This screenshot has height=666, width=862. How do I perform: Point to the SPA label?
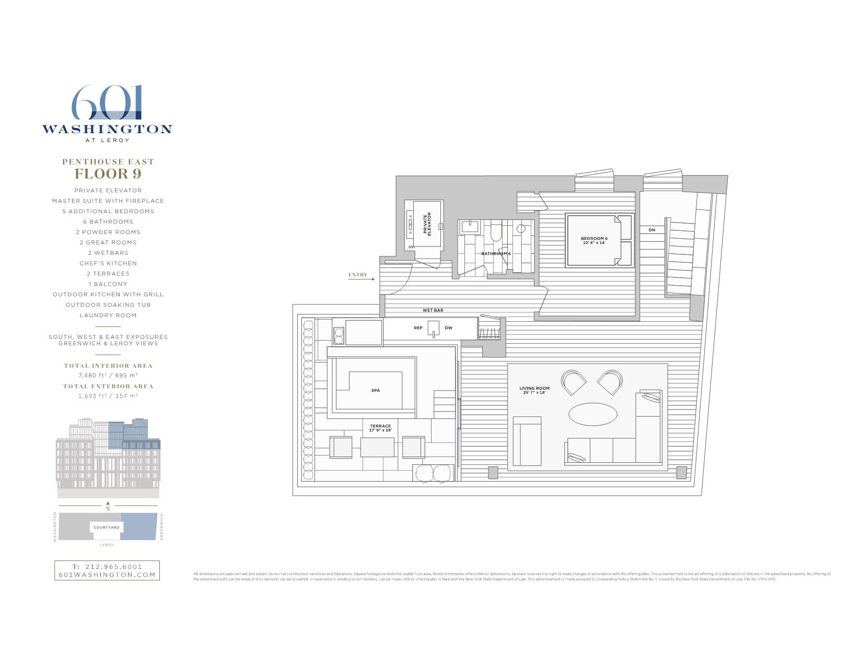point(375,390)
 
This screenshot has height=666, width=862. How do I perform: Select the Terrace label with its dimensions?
point(380,428)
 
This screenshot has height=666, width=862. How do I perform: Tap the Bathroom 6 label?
point(496,254)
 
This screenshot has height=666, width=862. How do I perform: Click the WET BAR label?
point(433,310)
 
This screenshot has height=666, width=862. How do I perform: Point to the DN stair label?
point(651,230)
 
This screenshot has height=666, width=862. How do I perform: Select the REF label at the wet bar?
point(418,328)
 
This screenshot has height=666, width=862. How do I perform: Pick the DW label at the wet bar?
point(448,328)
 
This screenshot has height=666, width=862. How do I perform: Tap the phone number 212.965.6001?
point(113,566)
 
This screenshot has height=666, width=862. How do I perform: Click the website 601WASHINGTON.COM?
point(107,575)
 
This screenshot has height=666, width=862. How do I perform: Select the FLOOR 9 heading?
point(108,174)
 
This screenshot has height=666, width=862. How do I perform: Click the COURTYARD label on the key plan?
point(107,528)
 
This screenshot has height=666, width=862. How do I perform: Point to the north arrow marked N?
point(108,506)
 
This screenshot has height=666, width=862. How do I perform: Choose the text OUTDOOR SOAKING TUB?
point(108,305)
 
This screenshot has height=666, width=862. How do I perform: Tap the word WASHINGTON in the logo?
point(107,129)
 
